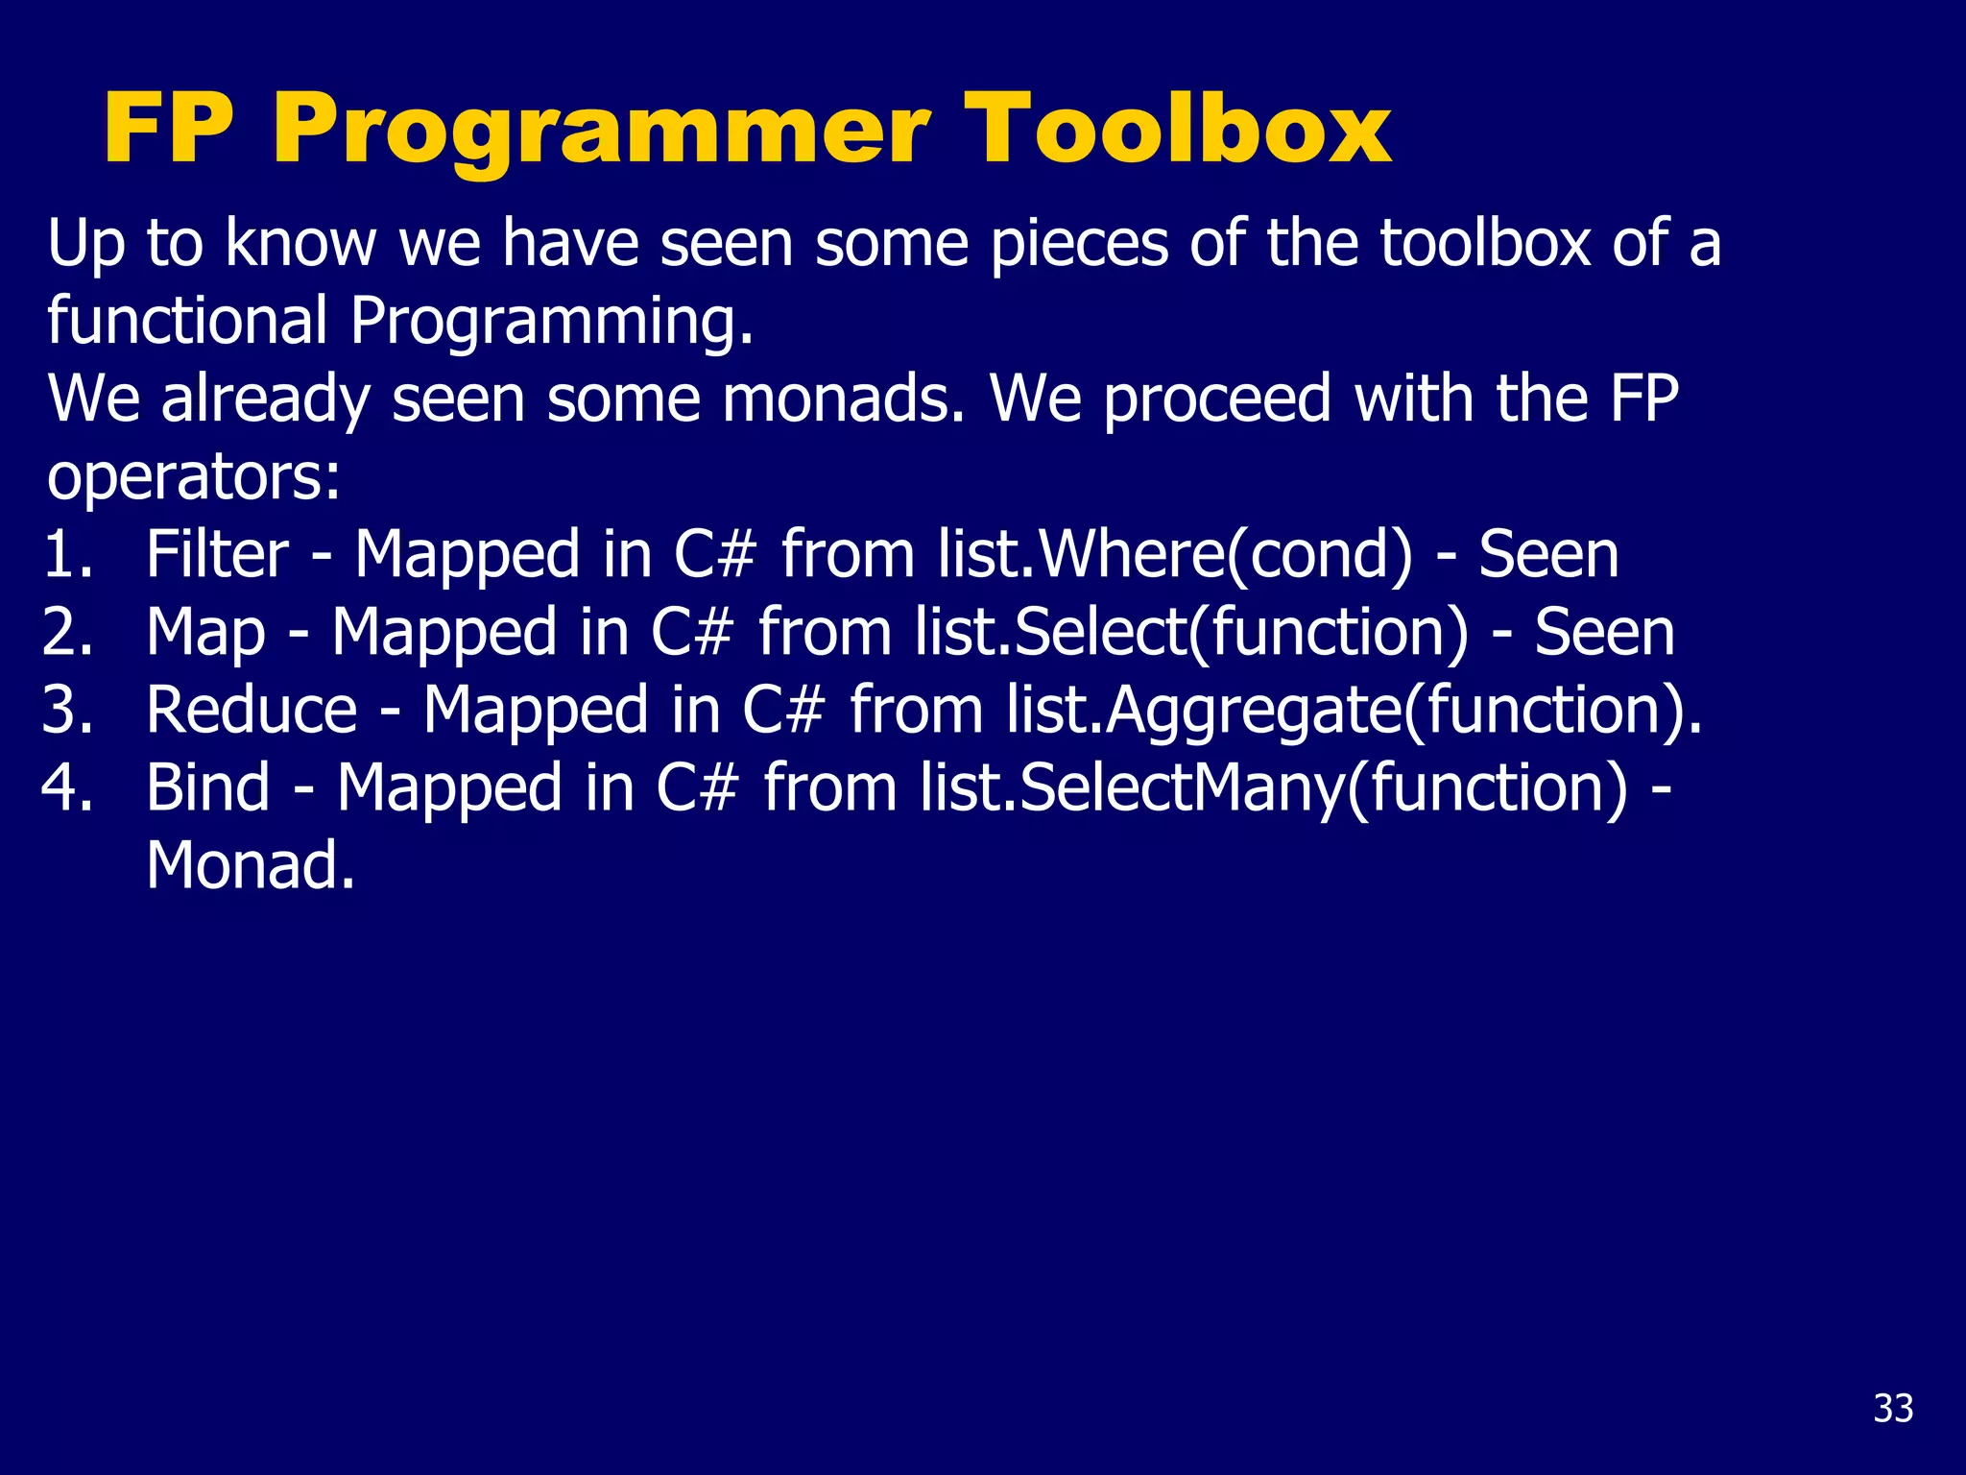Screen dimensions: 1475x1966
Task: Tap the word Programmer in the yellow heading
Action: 601,132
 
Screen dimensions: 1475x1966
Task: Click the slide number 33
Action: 1893,1409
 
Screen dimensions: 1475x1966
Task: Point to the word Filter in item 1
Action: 217,555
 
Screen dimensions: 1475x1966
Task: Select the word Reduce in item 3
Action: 252,712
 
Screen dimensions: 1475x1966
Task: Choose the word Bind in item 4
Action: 208,788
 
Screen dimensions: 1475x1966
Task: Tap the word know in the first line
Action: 300,243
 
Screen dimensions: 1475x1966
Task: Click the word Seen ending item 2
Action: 1604,633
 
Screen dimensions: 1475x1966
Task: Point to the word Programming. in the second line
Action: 552,322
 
